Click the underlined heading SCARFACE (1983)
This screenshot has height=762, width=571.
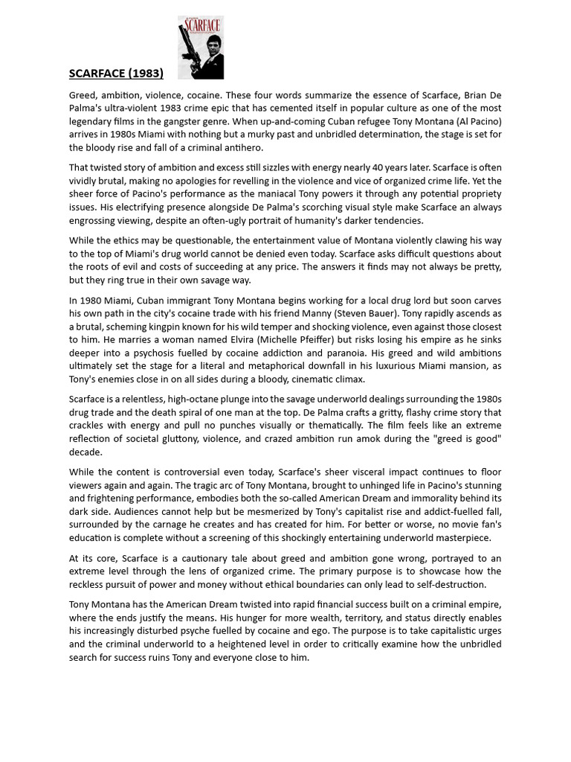click(116, 73)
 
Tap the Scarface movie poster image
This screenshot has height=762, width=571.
click(201, 48)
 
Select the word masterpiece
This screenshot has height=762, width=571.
click(457, 538)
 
